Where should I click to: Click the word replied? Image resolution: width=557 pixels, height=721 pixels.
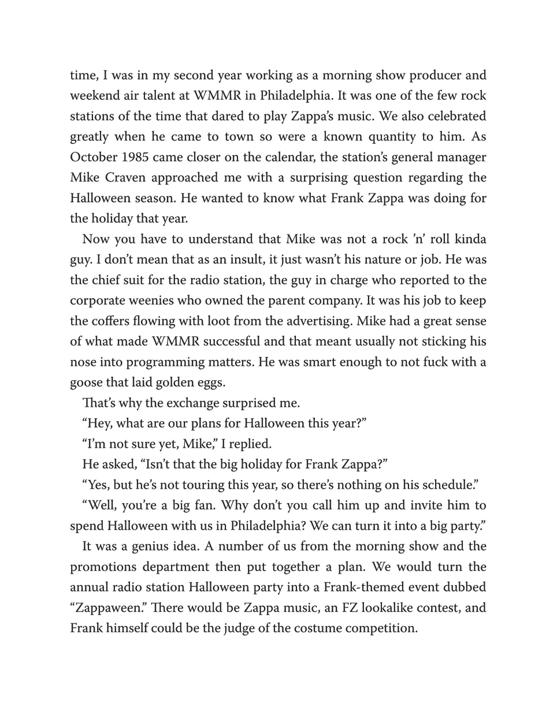pos(250,444)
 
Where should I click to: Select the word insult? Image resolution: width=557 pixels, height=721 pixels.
pos(242,259)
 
